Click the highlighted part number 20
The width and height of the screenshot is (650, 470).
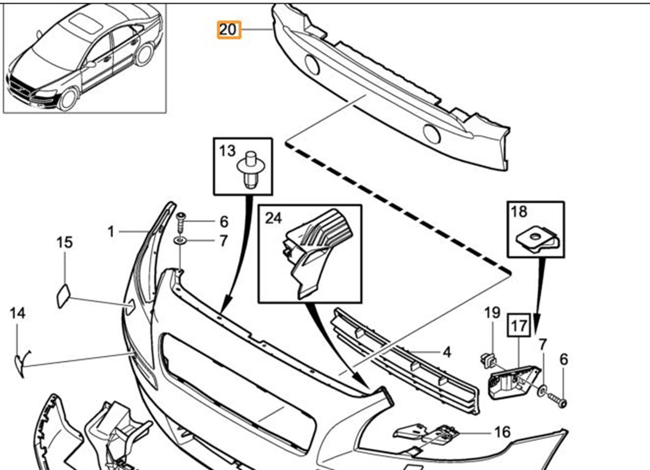click(x=228, y=29)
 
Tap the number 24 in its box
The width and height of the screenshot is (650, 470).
click(x=274, y=218)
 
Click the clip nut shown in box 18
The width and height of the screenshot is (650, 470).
click(x=537, y=238)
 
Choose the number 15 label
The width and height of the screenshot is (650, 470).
click(x=64, y=242)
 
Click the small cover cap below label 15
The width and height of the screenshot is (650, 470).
click(x=63, y=295)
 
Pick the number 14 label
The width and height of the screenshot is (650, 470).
click(x=17, y=313)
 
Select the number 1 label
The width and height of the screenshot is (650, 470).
click(x=111, y=232)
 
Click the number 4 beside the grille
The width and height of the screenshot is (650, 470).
click(x=446, y=352)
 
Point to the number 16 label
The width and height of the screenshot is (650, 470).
click(x=502, y=432)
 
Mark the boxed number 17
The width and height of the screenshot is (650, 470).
click(x=518, y=326)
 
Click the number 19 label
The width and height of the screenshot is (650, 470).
click(x=491, y=312)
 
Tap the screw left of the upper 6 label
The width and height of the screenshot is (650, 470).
click(x=181, y=219)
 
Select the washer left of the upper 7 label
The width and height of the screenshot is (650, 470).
click(x=179, y=240)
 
